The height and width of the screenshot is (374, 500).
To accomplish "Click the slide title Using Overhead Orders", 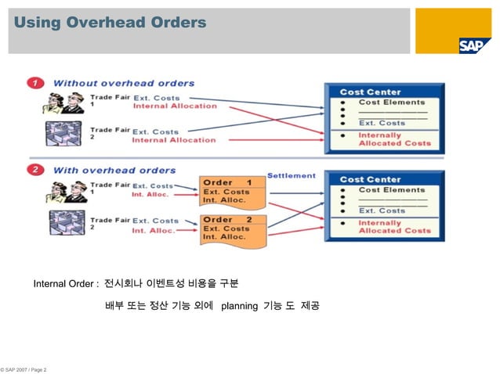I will click(x=110, y=23).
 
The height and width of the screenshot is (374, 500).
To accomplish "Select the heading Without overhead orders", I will click(x=124, y=82).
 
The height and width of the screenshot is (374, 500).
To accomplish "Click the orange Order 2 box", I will click(x=228, y=228).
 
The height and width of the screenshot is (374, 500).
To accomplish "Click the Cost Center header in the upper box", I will click(x=371, y=92).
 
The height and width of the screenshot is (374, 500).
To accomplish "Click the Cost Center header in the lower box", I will click(x=371, y=179).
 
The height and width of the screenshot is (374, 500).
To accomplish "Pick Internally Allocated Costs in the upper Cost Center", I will click(x=394, y=139).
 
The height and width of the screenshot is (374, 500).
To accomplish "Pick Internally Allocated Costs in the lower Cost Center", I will click(x=394, y=226).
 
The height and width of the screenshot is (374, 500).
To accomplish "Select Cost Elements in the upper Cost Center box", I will click(x=392, y=102).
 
